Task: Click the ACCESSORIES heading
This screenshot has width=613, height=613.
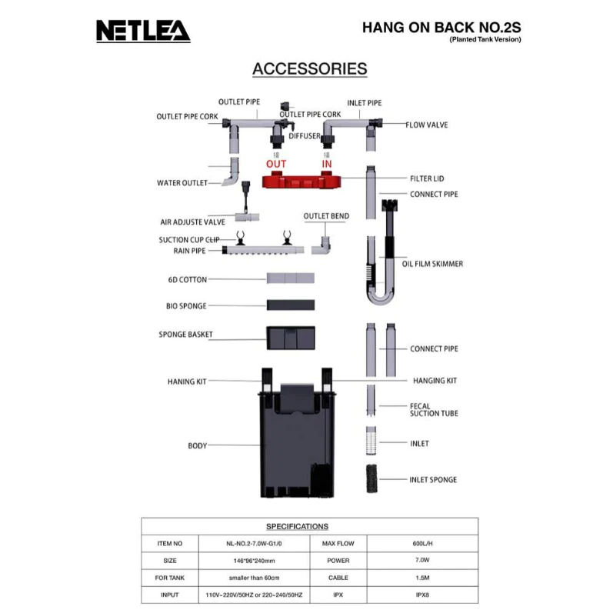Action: point(309,68)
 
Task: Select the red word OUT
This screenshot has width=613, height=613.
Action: point(276,164)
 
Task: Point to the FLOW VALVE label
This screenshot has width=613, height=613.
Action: point(427,124)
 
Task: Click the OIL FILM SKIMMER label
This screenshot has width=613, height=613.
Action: point(432,264)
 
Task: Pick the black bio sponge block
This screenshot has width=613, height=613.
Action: point(290,305)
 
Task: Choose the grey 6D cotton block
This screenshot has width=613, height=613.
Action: point(290,278)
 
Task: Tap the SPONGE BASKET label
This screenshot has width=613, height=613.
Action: point(185,335)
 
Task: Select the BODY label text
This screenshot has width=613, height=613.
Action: point(198,445)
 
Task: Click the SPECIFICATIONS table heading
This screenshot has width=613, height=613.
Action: point(297,526)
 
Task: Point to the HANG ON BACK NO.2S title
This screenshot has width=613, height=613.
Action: point(441,27)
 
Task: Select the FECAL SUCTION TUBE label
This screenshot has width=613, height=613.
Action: point(434,409)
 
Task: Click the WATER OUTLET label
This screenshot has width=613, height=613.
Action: point(182,183)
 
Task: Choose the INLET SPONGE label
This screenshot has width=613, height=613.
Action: point(433,479)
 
